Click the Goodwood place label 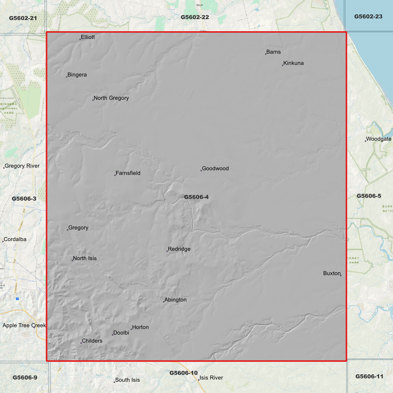(x=215, y=169)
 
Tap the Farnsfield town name (x=128, y=173)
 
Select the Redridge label (x=179, y=249)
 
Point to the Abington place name (x=175, y=300)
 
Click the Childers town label (x=92, y=341)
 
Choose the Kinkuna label (x=293, y=63)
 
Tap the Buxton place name (x=332, y=274)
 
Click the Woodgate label (x=379, y=139)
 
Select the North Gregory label (x=111, y=98)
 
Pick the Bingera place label (x=77, y=75)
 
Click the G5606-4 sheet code (x=196, y=197)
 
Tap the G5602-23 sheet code (x=368, y=17)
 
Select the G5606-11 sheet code (x=369, y=377)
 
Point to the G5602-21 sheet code (x=23, y=18)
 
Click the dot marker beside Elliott (x=80, y=39)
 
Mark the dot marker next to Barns (x=266, y=54)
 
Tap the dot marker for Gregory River (x=4, y=168)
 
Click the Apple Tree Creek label (x=24, y=326)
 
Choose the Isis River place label (x=211, y=378)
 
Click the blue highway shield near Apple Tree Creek (x=17, y=299)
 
